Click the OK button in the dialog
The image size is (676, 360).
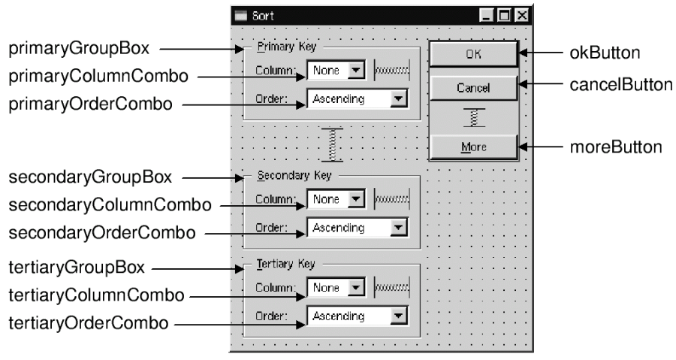tap(472, 54)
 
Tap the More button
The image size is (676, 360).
tap(472, 147)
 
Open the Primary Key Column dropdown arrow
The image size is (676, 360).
tap(357, 71)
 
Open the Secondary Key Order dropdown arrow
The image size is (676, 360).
tap(399, 228)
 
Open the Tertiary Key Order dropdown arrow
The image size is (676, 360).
tap(399, 316)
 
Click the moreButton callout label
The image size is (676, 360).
tap(616, 147)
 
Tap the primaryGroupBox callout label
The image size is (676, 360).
tap(79, 50)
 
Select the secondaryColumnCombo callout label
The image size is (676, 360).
tap(109, 204)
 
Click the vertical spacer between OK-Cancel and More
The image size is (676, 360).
tap(473, 117)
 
